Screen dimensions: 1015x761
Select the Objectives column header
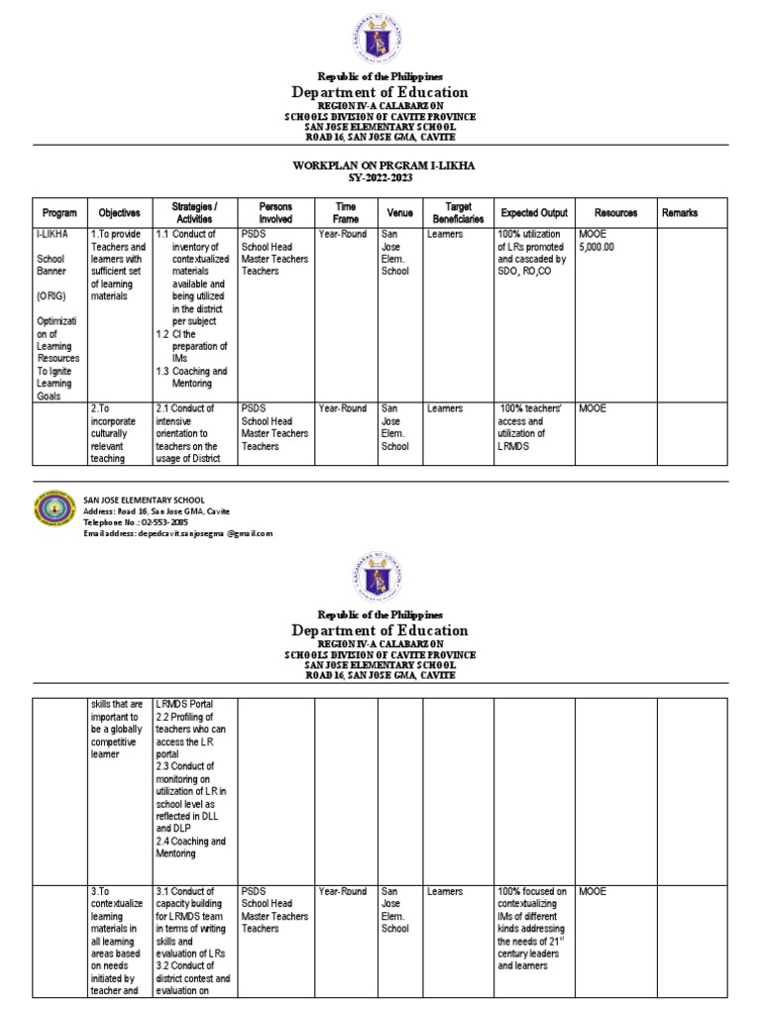tap(119, 212)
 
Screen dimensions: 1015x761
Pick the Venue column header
tap(399, 212)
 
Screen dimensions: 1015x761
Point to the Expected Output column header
tap(534, 212)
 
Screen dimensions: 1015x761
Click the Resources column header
tap(615, 212)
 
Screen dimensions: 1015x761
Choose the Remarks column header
tap(680, 212)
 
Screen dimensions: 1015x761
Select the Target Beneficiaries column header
tap(457, 212)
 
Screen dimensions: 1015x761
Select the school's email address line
tap(177, 533)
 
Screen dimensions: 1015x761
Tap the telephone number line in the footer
tap(135, 522)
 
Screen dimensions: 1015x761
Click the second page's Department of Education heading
tap(380, 630)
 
